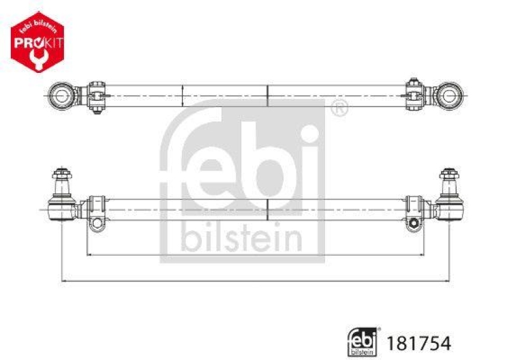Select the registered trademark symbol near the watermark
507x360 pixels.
tap(340, 108)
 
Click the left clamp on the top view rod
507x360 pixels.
tap(96, 96)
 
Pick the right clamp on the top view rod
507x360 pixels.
tap(413, 96)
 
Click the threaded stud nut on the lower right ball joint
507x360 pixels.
tap(447, 172)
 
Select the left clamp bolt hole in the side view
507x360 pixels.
tap(96, 223)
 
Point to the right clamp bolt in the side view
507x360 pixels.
tap(413, 223)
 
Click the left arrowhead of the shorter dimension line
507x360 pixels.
tap(88, 255)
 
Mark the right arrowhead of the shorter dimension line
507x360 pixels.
tap(421, 255)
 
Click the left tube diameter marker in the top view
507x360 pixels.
tap(183, 96)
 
